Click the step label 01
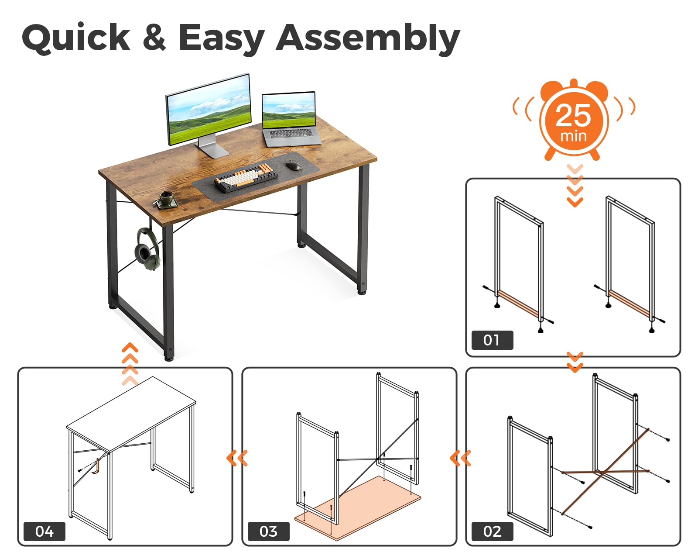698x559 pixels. (x=492, y=340)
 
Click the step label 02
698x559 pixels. (x=492, y=531)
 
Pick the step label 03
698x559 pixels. (x=268, y=531)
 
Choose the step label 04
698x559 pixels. (x=44, y=531)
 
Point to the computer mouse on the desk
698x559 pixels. (x=294, y=166)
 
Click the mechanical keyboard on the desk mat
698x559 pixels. (x=246, y=177)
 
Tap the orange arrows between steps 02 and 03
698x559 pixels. (x=460, y=458)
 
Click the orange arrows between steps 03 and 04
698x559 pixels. (x=237, y=458)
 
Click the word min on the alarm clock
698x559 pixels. (x=573, y=136)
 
